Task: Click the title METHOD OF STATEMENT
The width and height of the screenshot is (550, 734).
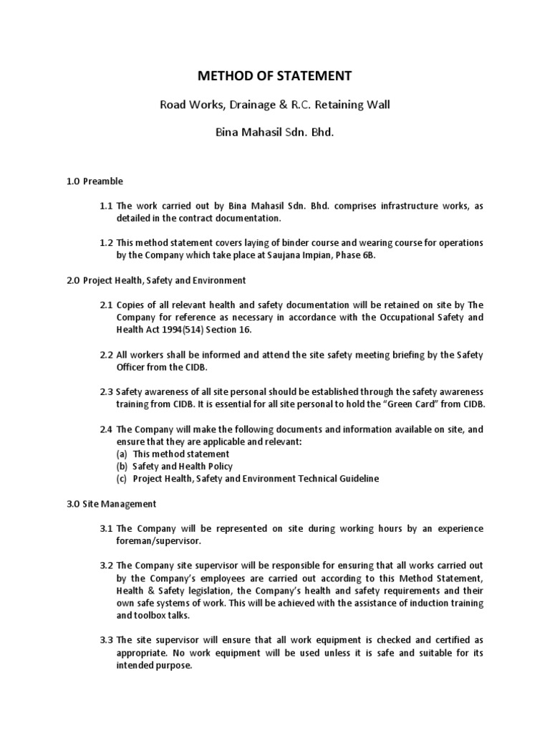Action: point(274,75)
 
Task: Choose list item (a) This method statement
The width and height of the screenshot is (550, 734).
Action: point(173,454)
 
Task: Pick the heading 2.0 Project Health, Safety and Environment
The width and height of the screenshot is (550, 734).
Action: point(157,280)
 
